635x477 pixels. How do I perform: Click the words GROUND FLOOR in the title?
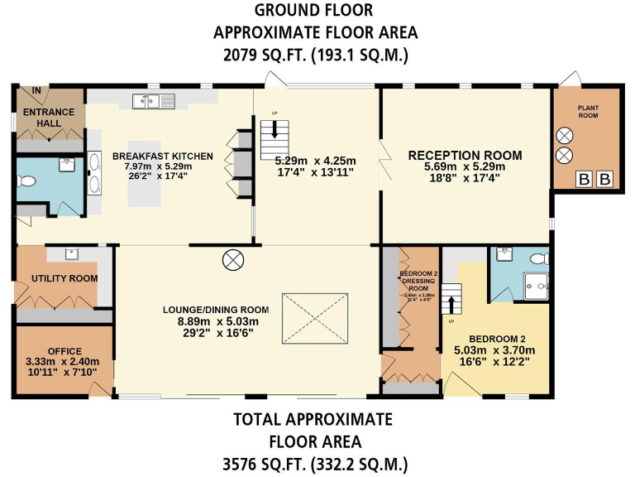coord(313,11)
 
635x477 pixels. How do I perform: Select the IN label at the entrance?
coord(36,89)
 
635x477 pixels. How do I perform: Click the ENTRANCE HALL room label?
coord(49,118)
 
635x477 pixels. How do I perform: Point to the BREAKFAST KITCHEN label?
coord(163,156)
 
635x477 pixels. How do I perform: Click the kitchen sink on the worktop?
coord(150,101)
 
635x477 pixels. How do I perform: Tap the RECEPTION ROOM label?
coord(465,155)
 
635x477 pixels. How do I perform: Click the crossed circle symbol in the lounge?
coord(233,260)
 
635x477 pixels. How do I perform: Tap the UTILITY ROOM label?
coord(64,278)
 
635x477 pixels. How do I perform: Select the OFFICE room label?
coord(64,350)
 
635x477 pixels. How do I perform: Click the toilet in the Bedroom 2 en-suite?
coord(539,257)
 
